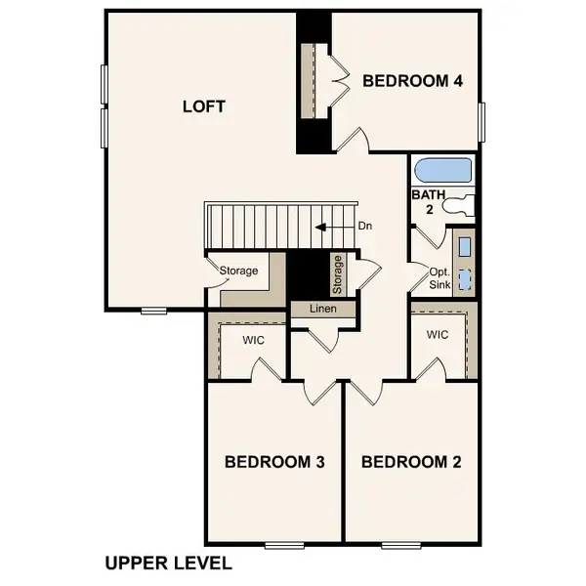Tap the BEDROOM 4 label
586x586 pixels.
(x=412, y=81)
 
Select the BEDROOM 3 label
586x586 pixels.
(x=274, y=461)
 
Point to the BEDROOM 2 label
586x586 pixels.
(x=411, y=461)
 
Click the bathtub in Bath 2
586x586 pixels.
(x=442, y=171)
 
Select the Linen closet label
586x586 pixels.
(x=322, y=309)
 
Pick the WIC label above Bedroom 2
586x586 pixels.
(x=438, y=335)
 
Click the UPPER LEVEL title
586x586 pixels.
(x=168, y=564)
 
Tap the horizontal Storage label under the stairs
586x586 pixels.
(x=238, y=271)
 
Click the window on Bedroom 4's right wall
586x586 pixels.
(x=481, y=123)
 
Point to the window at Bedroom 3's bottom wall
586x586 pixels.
(x=283, y=544)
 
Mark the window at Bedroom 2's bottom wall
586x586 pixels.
(x=399, y=544)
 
